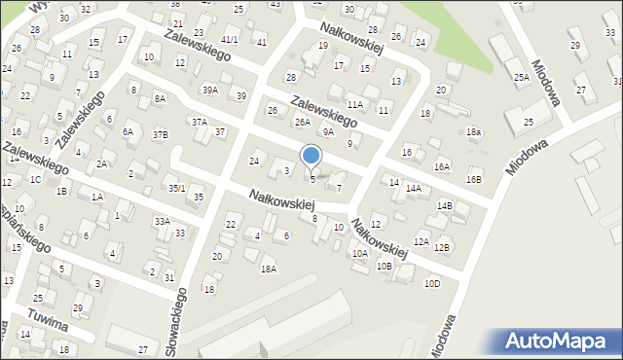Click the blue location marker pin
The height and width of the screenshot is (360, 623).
pos(311,156)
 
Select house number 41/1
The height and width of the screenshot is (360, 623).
pos(229,39)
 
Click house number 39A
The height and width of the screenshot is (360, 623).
pos(210,90)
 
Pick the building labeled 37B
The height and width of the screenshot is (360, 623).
pos(161,133)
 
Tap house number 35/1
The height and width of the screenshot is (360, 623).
pos(176,187)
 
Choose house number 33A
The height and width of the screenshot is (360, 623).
pos(162,221)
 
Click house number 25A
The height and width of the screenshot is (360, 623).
pos(522,77)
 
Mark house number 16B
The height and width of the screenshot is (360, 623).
pos(473,179)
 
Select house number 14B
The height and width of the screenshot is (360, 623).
pos(445,205)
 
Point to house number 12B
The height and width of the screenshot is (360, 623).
pos(442,247)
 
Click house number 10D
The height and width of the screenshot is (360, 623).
pos(432,283)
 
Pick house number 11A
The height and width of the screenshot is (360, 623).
pos(354,103)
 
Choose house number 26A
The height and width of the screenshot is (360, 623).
pos(303,122)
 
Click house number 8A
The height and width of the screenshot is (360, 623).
pos(160,98)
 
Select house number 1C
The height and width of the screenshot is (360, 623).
pos(35,179)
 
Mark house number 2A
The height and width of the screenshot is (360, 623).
pos(101,163)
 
